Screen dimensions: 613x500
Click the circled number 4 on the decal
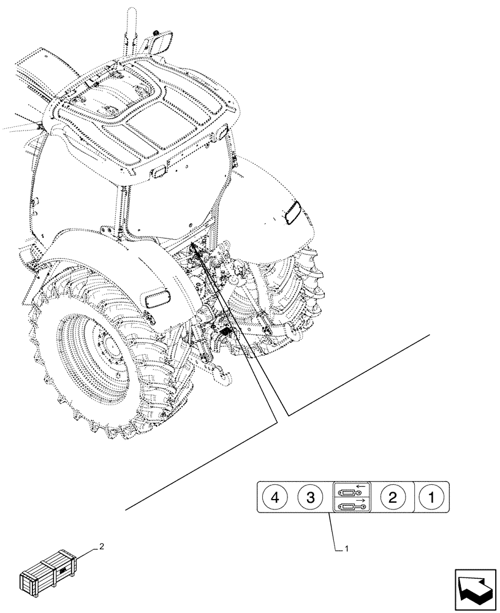(275, 497)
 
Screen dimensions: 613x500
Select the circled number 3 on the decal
(311, 497)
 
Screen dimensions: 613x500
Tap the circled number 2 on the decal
(392, 497)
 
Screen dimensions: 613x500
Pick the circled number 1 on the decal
(432, 497)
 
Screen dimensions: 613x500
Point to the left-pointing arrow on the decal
(362, 485)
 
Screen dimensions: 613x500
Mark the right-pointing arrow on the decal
(362, 500)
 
